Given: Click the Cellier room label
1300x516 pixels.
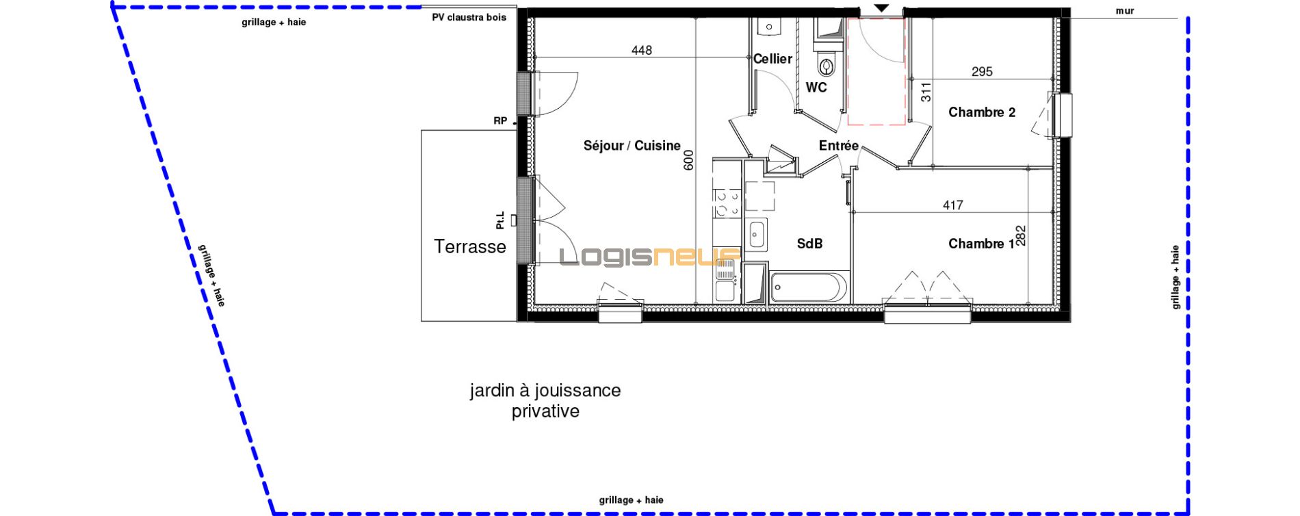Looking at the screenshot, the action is click(772, 59).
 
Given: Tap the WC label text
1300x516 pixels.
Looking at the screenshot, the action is click(816, 88).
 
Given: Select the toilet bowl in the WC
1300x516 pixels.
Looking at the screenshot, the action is click(827, 66).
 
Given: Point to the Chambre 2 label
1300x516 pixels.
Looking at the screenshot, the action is click(982, 112).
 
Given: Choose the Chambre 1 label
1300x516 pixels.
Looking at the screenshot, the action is click(981, 244).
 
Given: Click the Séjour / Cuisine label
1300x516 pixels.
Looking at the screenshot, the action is click(632, 146).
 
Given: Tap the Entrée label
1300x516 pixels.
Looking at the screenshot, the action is click(839, 146).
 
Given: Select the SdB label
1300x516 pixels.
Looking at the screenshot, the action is click(809, 244).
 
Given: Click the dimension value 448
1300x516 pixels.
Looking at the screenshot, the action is click(642, 50).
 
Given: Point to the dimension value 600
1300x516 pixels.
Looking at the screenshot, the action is click(688, 160).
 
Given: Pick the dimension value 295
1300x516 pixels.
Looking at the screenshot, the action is click(982, 71).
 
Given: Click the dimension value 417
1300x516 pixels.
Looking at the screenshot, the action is click(953, 205).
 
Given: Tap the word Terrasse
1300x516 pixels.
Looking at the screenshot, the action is click(470, 246).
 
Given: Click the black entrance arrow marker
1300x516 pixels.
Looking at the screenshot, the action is click(881, 8).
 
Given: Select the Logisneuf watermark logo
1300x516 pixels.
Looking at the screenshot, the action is click(650, 257).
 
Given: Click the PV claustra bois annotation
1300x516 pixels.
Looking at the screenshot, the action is click(469, 17).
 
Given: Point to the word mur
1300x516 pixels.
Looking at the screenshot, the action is click(1125, 11).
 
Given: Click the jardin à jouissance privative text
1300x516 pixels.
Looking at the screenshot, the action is click(545, 400).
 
